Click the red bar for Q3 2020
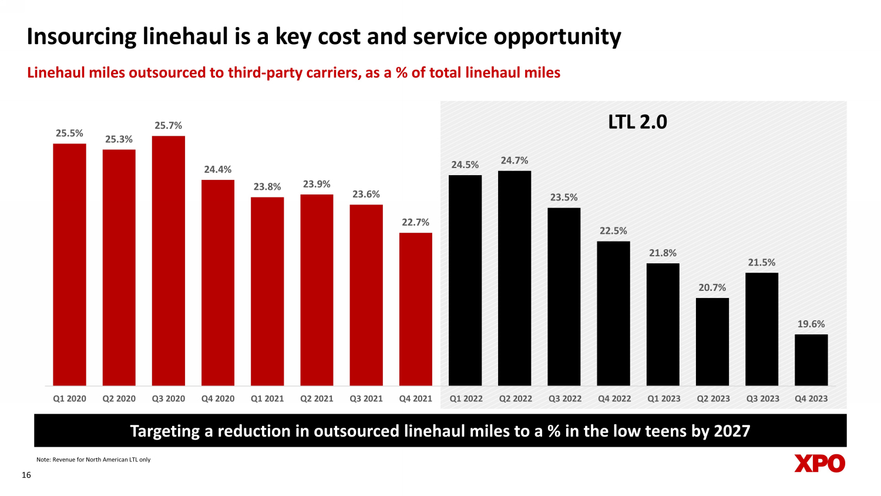coord(169,261)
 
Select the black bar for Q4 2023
coord(811,360)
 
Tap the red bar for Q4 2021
coord(416,309)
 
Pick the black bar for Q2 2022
coord(515,278)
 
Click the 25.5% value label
coord(69,133)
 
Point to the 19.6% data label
coord(811,324)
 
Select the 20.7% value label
coord(712,287)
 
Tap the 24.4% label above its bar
coord(218,169)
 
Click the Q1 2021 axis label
coord(267,398)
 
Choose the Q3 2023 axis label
coord(762,398)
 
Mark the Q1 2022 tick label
coord(466,398)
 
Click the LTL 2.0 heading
coord(637,122)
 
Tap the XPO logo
coord(819,463)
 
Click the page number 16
coord(26,475)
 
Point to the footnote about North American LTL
coord(93,460)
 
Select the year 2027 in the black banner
coord(732,431)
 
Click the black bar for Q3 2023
coord(762,329)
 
